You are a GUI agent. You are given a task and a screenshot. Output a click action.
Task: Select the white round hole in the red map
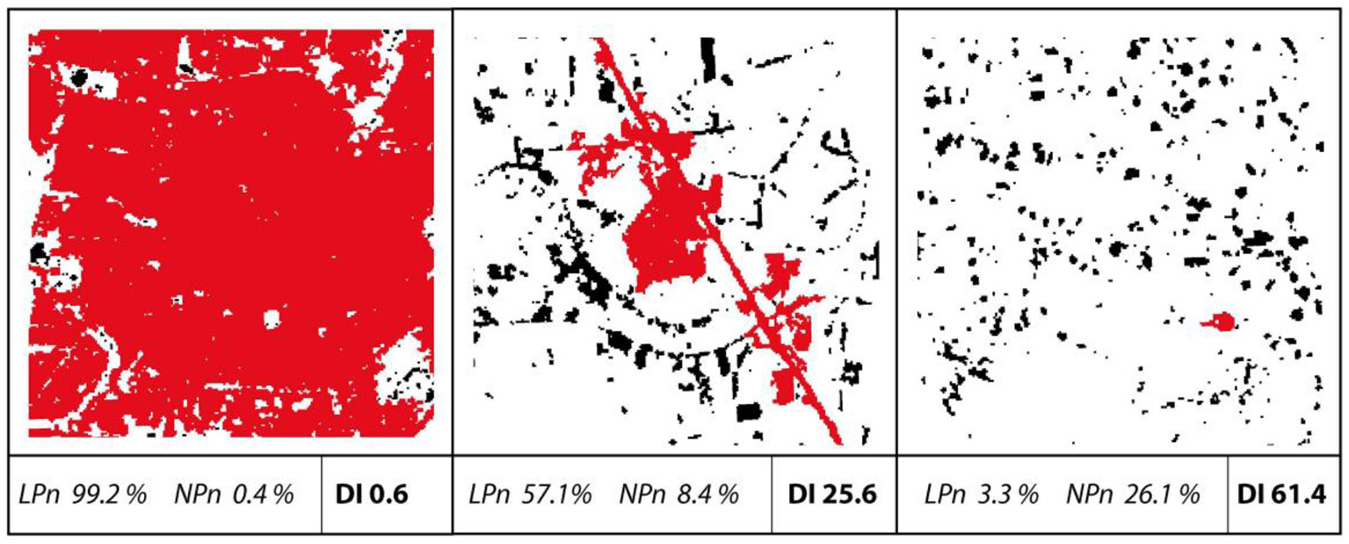point(271,317)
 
